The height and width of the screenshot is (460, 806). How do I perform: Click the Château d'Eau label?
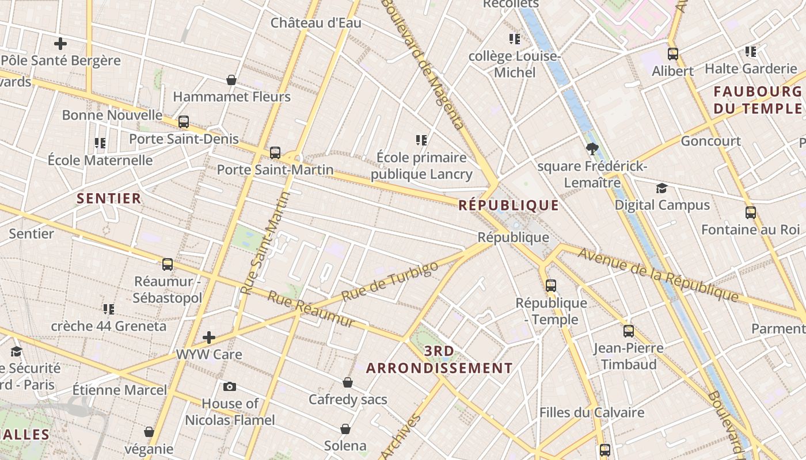[x=316, y=23]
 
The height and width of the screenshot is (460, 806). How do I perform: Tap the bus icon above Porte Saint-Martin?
[x=275, y=153]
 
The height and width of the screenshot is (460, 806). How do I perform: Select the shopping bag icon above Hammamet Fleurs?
[x=231, y=80]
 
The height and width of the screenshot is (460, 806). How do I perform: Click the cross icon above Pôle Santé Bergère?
[x=60, y=44]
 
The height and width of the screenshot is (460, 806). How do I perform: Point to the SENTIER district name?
[x=109, y=199]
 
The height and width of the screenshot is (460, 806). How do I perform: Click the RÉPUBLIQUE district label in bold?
[x=508, y=205]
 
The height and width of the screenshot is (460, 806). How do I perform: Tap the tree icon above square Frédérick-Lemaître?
[x=591, y=149]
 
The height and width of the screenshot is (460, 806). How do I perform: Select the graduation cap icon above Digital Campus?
[x=661, y=189]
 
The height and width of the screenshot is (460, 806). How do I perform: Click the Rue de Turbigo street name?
[x=390, y=281]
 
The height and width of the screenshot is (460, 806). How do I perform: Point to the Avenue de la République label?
[x=658, y=274]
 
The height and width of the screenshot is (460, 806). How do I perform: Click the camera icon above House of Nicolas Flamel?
[x=230, y=386]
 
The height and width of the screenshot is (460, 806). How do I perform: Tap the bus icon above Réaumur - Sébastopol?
[x=168, y=264]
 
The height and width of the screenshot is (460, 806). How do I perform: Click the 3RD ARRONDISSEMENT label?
[x=439, y=360]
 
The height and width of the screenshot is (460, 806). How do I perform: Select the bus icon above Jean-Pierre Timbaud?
[x=628, y=331]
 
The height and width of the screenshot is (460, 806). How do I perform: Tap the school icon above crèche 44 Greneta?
[x=108, y=309]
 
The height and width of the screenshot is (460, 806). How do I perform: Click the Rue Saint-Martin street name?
[x=264, y=244]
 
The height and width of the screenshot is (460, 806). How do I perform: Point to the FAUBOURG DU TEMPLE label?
[x=757, y=100]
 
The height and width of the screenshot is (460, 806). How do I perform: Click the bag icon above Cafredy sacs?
[x=348, y=382]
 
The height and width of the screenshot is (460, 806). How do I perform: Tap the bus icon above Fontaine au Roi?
[x=750, y=213]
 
